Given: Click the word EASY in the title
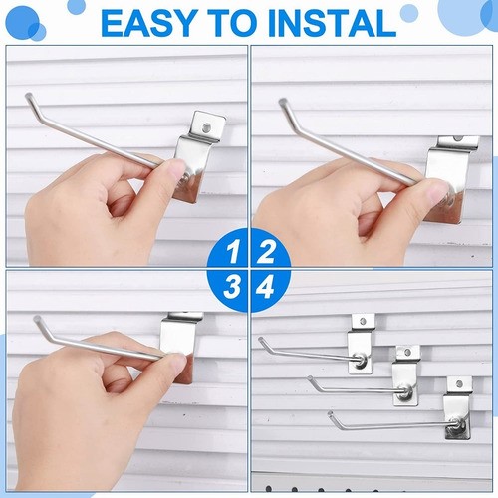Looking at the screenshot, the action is (x=148, y=23).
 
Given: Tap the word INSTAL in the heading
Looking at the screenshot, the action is (x=332, y=23).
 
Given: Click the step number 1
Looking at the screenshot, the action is (x=233, y=252).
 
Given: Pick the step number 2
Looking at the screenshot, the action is (x=265, y=252).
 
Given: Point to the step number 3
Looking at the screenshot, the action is (x=232, y=287).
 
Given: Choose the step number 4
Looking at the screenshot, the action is (x=265, y=287).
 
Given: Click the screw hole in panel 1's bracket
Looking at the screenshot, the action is (x=207, y=126).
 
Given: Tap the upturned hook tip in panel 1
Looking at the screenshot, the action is (x=29, y=96).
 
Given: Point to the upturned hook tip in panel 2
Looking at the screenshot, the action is (x=283, y=101).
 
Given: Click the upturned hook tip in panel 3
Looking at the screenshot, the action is (x=37, y=319).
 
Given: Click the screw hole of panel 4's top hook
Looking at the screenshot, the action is (x=363, y=321).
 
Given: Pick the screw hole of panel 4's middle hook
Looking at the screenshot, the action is (x=408, y=353).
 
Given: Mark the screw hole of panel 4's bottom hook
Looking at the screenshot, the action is (x=459, y=384).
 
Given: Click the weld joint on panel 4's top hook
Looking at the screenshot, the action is (x=361, y=359).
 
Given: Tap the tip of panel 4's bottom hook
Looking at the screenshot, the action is (x=330, y=413).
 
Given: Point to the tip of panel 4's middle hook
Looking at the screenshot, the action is (x=310, y=378).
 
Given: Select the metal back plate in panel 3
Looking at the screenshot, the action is (x=177, y=346).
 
